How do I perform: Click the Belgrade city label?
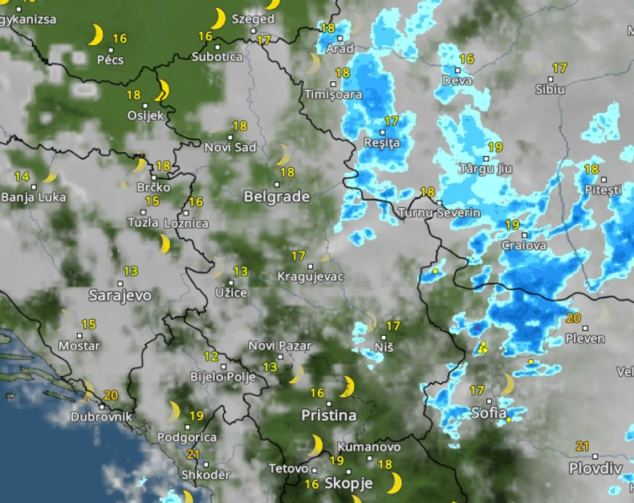coord(276,197)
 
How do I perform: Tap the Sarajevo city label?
coord(120,295)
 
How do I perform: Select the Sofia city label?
coord(489,413)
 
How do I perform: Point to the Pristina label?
coord(328,415)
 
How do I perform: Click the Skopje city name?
coord(348,483)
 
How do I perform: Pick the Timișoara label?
coord(333,94)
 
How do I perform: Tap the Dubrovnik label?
coord(100,417)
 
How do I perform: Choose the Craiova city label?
coord(523,245)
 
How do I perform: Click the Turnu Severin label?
coord(439,213)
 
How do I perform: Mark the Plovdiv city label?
coord(595,468)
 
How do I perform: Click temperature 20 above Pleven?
coord(573,318)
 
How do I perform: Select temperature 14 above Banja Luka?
coord(22,177)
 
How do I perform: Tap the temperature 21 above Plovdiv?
coord(583,446)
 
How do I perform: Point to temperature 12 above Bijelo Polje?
coord(211,356)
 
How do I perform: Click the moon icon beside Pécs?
coord(96,35)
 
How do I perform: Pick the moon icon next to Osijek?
coord(162,89)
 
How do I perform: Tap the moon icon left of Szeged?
coord(217,18)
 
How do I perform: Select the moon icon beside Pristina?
coord(346,386)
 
